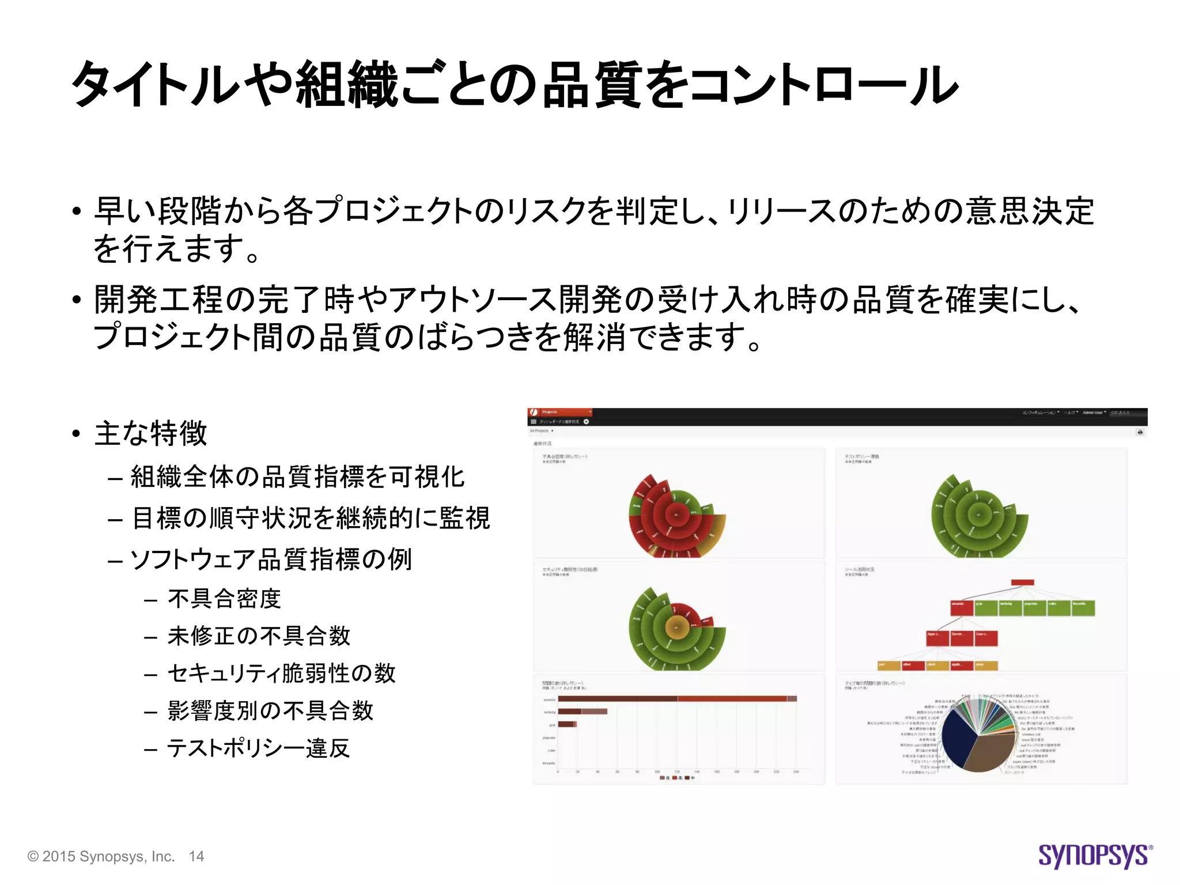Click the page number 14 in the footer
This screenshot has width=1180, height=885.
point(196,857)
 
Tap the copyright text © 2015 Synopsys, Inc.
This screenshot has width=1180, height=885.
point(101,857)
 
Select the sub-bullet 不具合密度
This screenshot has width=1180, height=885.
point(224,599)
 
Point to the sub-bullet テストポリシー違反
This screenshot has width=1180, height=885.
point(258,748)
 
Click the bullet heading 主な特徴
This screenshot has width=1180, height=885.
point(150,433)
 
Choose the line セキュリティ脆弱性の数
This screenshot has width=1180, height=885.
point(281,674)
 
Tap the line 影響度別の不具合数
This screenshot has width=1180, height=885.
point(270,711)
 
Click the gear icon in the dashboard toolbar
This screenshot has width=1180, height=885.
point(586,422)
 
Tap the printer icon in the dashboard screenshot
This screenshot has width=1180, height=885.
point(1139,432)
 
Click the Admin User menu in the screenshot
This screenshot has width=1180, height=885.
point(1094,413)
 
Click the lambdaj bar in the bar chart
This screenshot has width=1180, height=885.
point(582,712)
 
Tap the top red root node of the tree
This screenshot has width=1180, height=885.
point(1023,583)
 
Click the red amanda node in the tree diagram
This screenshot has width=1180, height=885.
point(962,608)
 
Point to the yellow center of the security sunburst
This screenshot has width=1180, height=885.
point(677,627)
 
